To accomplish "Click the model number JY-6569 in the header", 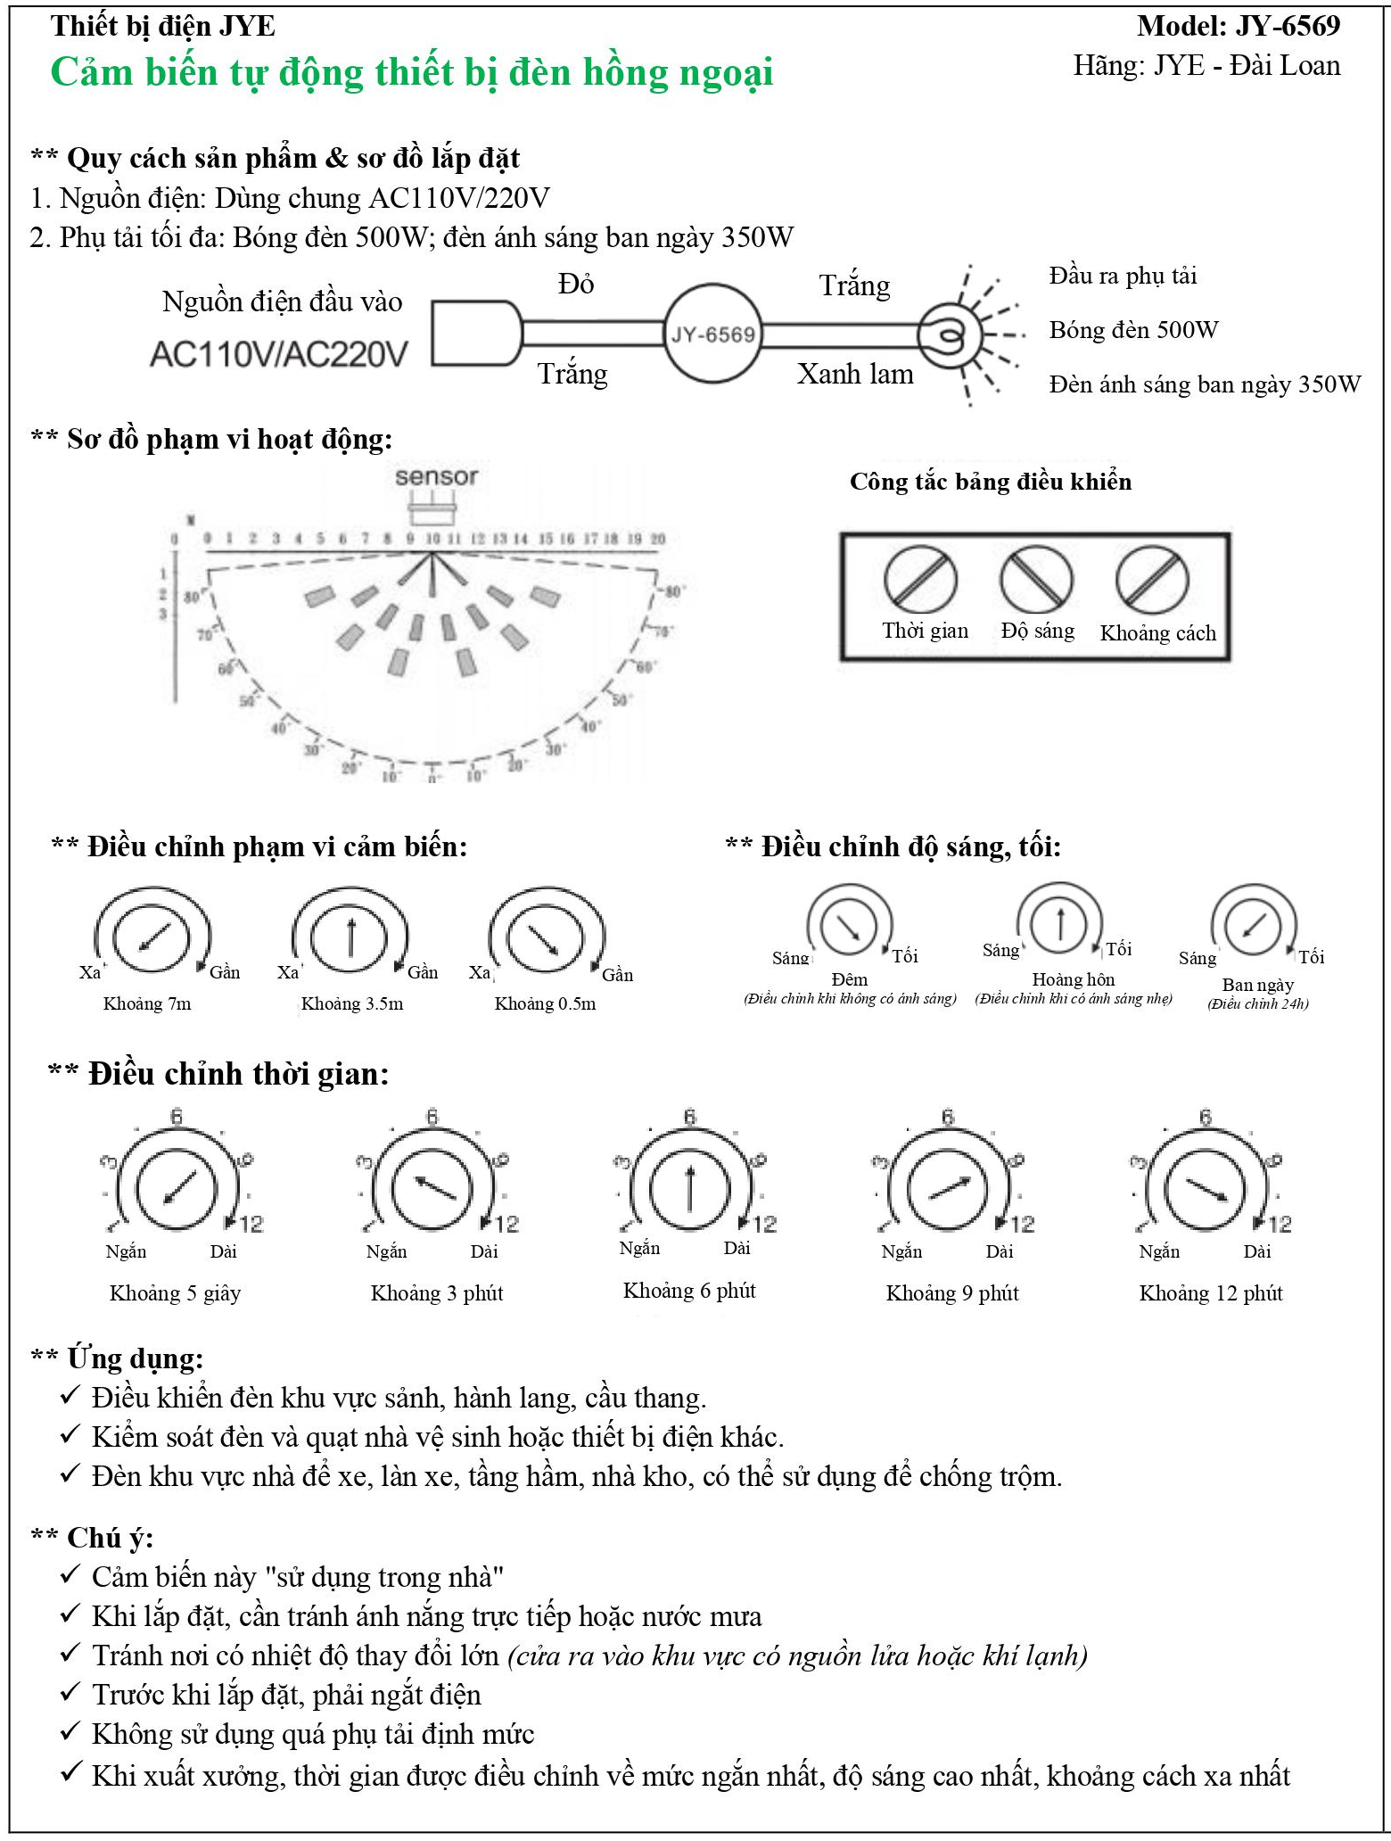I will coord(1288,26).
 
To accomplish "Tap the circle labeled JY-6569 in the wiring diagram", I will coord(712,334).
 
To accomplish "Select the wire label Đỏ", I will coord(576,285).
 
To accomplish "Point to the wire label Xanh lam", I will coord(855,374).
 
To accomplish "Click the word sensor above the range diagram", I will coord(436,477).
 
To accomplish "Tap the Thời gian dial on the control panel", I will coord(920,580).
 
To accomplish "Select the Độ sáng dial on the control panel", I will coord(1036,580).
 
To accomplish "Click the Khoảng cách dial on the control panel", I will coord(1152,580).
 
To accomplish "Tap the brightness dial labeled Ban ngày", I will coord(1253,926).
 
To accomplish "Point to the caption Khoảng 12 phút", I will coord(1210,1293).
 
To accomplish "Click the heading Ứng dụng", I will coord(135,1358).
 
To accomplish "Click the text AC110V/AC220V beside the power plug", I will coord(278,354).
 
